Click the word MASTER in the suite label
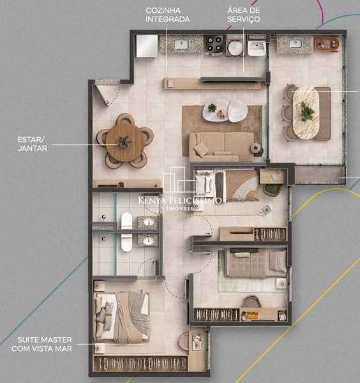tap(54, 340)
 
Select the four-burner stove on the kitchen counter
tap(213, 45)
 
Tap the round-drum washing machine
tap(235, 47)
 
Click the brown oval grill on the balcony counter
tap(327, 44)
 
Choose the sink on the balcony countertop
tap(294, 43)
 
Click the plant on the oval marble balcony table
tap(308, 112)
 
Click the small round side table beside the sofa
tap(258, 148)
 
